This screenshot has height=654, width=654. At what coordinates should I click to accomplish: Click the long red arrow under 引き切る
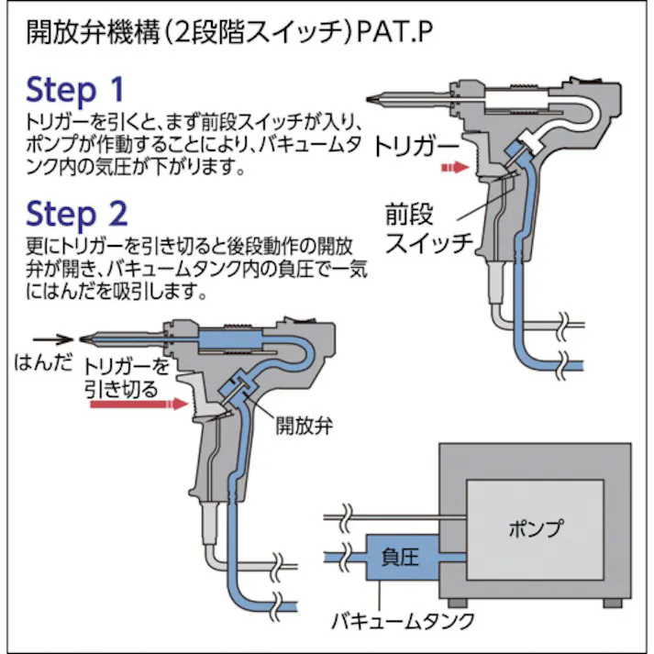click(x=134, y=405)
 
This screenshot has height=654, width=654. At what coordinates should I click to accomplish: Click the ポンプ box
click(x=535, y=529)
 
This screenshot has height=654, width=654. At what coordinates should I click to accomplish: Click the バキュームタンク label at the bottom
click(x=403, y=621)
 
